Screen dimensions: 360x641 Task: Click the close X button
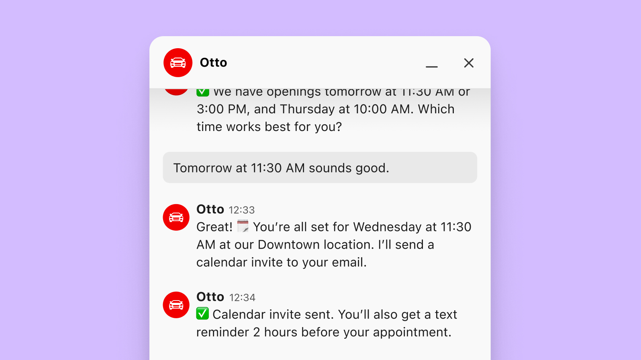pyautogui.click(x=469, y=63)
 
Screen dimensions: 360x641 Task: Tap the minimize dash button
pyautogui.click(x=432, y=66)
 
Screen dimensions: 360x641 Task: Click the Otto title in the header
pyautogui.click(x=213, y=63)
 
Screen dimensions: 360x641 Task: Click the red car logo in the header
pyautogui.click(x=178, y=63)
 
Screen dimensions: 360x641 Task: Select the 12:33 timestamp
pyautogui.click(x=242, y=210)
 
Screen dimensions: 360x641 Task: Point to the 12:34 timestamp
pyautogui.click(x=242, y=298)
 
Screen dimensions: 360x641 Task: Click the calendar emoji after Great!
pyautogui.click(x=243, y=226)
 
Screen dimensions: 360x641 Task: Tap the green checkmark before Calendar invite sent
pyautogui.click(x=202, y=313)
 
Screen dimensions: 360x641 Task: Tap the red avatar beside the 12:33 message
pyautogui.click(x=176, y=217)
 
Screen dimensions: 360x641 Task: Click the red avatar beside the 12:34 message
pyautogui.click(x=176, y=305)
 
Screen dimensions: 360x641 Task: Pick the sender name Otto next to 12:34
pyautogui.click(x=210, y=297)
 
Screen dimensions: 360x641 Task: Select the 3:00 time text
pyautogui.click(x=210, y=109)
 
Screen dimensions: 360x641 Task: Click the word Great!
pyautogui.click(x=214, y=227)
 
